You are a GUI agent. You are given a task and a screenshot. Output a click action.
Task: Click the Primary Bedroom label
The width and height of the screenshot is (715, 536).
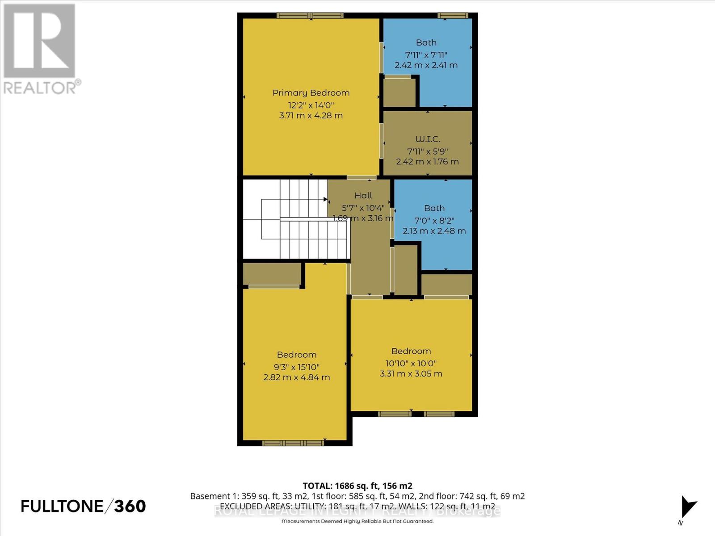tap(311, 93)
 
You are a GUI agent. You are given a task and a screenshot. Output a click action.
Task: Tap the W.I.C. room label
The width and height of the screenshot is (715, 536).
tap(427, 139)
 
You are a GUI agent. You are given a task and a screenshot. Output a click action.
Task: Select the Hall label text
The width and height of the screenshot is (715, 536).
tap(363, 196)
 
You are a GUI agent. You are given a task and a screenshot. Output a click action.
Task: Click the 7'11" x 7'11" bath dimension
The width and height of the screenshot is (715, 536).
tap(426, 55)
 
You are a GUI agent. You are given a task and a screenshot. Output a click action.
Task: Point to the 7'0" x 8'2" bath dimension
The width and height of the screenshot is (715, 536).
tap(434, 221)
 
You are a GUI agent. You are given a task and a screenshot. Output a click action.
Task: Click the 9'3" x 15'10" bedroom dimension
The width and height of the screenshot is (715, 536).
tap(297, 367)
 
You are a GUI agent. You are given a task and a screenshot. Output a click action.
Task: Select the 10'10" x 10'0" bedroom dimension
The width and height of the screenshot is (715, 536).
tap(411, 364)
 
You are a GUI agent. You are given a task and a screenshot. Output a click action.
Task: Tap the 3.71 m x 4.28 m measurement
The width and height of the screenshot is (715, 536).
tap(311, 116)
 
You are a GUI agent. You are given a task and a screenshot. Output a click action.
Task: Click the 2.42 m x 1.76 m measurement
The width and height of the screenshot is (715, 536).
tap(427, 162)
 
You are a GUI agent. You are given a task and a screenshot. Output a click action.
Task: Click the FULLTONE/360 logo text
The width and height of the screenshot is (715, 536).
tap(84, 506)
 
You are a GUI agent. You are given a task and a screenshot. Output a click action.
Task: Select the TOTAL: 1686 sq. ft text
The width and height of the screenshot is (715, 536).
tap(357, 486)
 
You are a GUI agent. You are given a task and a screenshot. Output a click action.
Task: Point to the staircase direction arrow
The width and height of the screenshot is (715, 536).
tap(325, 199)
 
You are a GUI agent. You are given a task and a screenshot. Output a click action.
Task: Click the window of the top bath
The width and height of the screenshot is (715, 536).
tap(453, 16)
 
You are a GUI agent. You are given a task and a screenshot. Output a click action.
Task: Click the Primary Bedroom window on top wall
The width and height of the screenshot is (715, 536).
tap(310, 16)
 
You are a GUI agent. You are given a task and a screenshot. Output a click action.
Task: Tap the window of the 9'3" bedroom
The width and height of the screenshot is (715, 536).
tap(293, 443)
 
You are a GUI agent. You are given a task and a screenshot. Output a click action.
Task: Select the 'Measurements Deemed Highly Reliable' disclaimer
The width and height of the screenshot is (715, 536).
tap(357, 521)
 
